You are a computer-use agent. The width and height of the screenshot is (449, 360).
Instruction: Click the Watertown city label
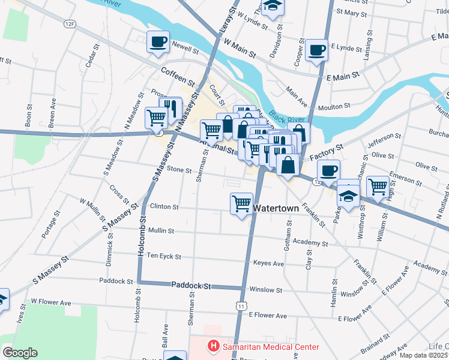click(276, 208)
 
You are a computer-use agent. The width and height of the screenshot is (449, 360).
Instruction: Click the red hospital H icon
click(212, 346)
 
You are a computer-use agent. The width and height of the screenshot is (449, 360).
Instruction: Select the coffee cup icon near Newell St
click(158, 42)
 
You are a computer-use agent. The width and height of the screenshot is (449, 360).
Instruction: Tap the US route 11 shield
click(241, 306)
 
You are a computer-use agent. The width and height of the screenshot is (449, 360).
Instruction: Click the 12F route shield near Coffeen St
click(71, 23)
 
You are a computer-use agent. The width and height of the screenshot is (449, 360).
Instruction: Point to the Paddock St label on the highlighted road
click(191, 286)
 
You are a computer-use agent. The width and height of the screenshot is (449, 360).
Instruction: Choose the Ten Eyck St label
click(164, 256)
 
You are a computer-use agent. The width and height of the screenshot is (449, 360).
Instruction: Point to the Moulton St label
click(334, 106)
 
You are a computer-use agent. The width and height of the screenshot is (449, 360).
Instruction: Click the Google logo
click(20, 353)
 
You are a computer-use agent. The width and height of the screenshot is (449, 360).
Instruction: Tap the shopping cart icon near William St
click(378, 187)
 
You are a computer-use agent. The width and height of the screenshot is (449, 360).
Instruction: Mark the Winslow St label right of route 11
click(266, 289)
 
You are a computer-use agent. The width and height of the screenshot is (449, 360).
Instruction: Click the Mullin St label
click(161, 230)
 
